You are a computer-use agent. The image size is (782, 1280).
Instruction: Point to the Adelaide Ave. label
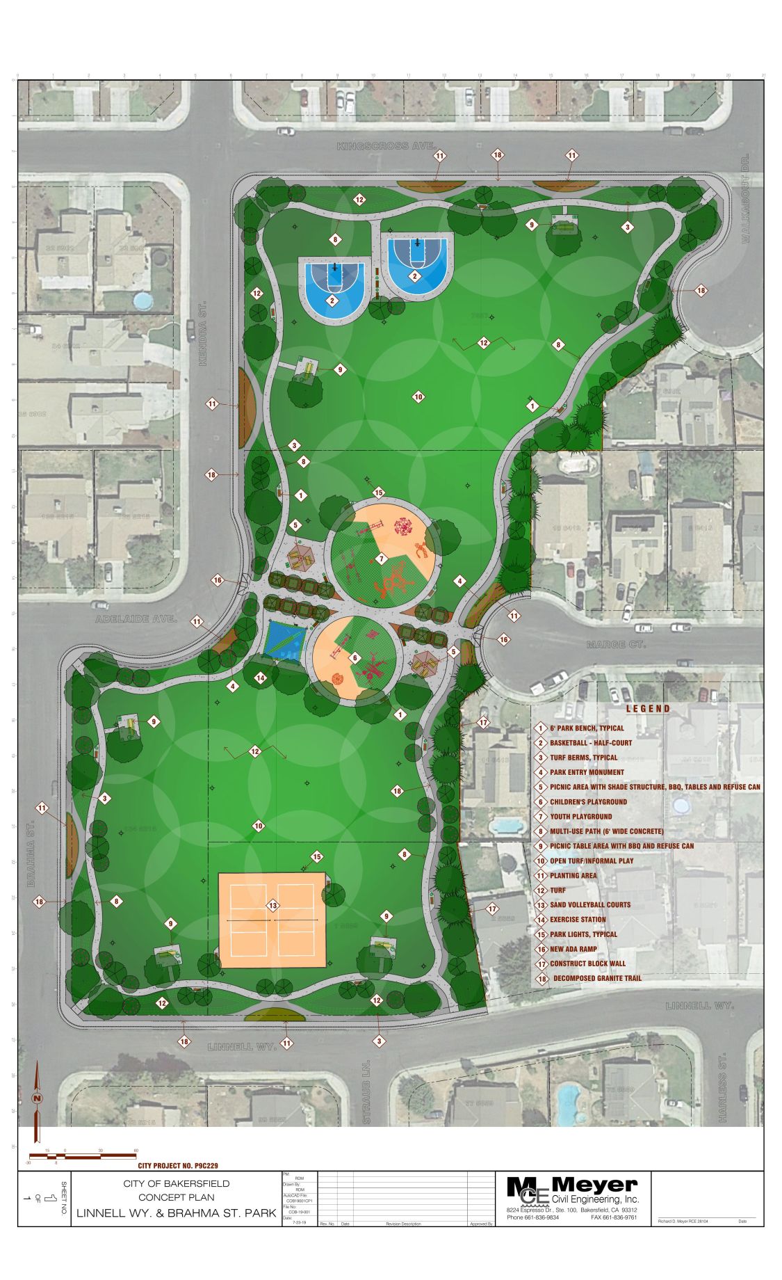[x=136, y=618]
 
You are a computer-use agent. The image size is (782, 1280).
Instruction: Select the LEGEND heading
[x=648, y=709]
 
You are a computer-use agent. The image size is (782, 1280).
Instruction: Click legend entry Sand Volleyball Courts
[x=590, y=905]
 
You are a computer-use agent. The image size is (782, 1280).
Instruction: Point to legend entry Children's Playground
[x=588, y=801]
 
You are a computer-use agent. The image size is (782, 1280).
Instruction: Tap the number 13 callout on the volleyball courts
[x=272, y=906]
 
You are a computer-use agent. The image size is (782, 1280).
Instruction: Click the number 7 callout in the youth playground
[x=381, y=559]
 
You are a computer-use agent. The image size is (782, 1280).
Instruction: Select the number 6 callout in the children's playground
[x=355, y=657]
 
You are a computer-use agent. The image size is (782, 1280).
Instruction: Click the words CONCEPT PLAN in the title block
[x=176, y=1197]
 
